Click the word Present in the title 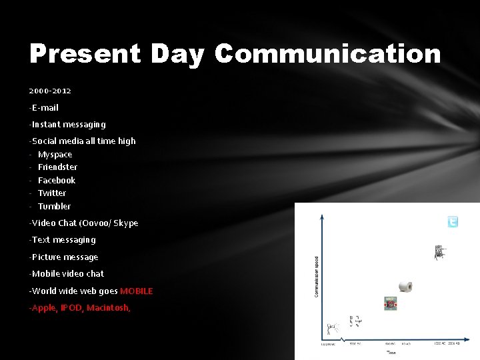[x=85, y=54]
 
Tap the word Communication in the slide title [x=327, y=54]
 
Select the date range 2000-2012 [x=50, y=91]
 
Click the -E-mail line [x=44, y=107]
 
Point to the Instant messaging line [x=68, y=124]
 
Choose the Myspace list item [x=55, y=154]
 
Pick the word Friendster [x=58, y=167]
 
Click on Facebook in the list [x=57, y=180]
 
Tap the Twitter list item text [x=52, y=193]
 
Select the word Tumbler [x=55, y=206]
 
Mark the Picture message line [x=64, y=257]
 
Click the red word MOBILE [x=137, y=291]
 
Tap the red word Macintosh [x=108, y=308]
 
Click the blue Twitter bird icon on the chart [x=453, y=222]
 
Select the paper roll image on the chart [x=405, y=287]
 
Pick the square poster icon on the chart [x=390, y=303]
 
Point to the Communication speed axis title [x=317, y=277]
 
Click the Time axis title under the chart [x=391, y=351]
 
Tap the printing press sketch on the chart [x=439, y=252]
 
